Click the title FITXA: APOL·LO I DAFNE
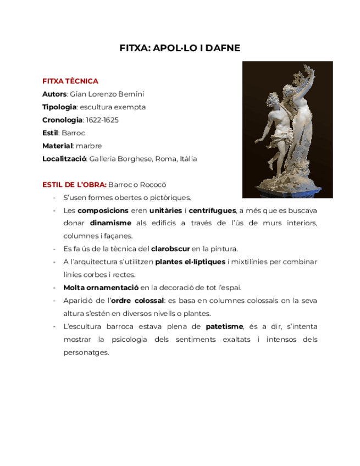(180, 48)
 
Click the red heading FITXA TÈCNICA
(70, 81)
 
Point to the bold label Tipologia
(59, 107)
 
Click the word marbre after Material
(89, 146)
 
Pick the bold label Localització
(64, 159)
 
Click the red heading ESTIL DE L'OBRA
(74, 185)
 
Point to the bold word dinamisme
(110, 223)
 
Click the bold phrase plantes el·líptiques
(190, 262)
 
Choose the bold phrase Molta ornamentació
(101, 287)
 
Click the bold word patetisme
(224, 326)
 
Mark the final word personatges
(86, 353)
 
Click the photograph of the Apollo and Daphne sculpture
(280, 130)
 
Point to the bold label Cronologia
(62, 120)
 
